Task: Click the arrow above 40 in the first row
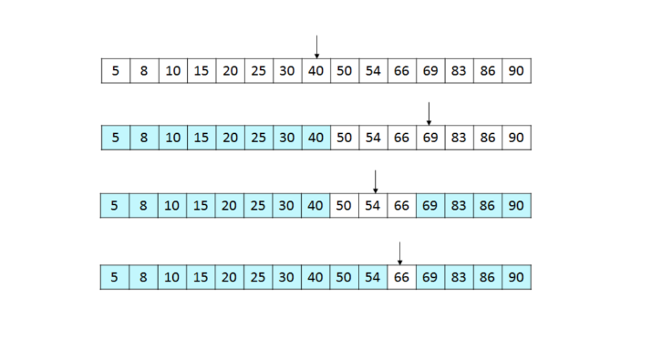tap(316, 46)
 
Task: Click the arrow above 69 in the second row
tap(429, 114)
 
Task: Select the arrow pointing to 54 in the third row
tap(375, 181)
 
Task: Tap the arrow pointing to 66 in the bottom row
tap(400, 252)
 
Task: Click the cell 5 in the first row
tap(115, 71)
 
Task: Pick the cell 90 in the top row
tap(516, 71)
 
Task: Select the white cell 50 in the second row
tap(344, 138)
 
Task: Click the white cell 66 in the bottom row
tap(401, 276)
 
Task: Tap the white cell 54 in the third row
tap(372, 206)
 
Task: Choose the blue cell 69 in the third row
tap(429, 206)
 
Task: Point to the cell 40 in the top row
tap(316, 71)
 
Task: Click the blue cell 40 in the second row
tap(316, 138)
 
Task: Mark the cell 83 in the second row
tap(459, 138)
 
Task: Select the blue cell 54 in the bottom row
tap(372, 276)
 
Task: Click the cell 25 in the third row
tap(258, 206)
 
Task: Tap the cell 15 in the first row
tap(201, 71)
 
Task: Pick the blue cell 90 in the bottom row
tap(516, 276)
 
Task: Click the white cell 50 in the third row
tap(344, 206)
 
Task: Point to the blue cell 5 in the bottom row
tap(115, 276)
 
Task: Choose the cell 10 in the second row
tap(172, 138)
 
